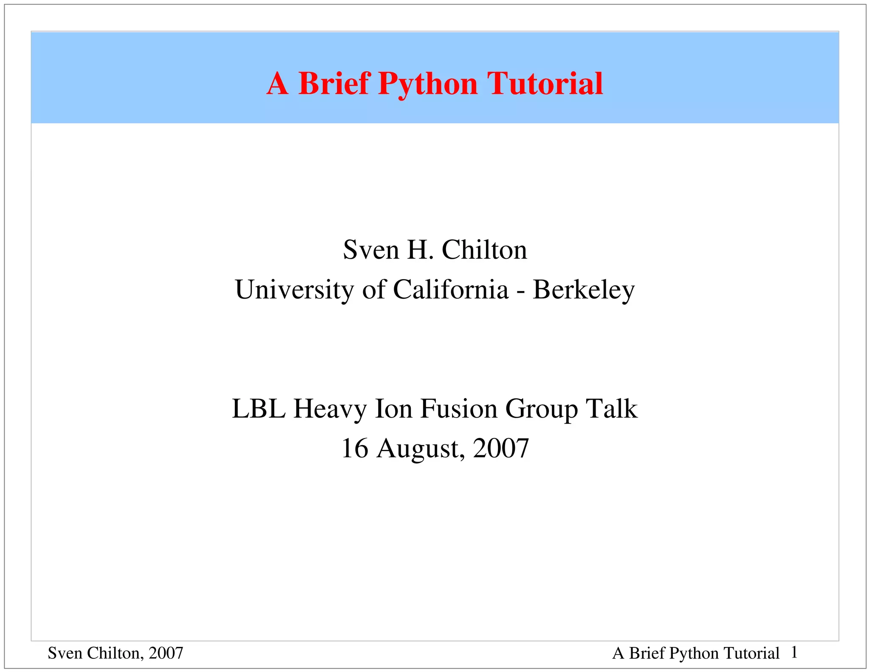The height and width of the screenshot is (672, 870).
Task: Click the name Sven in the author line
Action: (x=371, y=250)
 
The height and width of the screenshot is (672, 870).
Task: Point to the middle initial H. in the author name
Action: (x=421, y=250)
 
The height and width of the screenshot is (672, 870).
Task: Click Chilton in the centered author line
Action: (x=484, y=250)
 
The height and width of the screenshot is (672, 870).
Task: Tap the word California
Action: (x=451, y=290)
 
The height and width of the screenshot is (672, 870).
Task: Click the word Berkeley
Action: (x=584, y=290)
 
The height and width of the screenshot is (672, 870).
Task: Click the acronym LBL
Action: (x=259, y=409)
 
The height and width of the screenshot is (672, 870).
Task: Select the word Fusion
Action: (x=459, y=409)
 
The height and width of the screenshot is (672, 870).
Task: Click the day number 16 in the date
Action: (x=355, y=448)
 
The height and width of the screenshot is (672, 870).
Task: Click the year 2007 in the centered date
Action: (x=501, y=448)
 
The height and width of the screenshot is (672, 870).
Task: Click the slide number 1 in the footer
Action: (x=794, y=652)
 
